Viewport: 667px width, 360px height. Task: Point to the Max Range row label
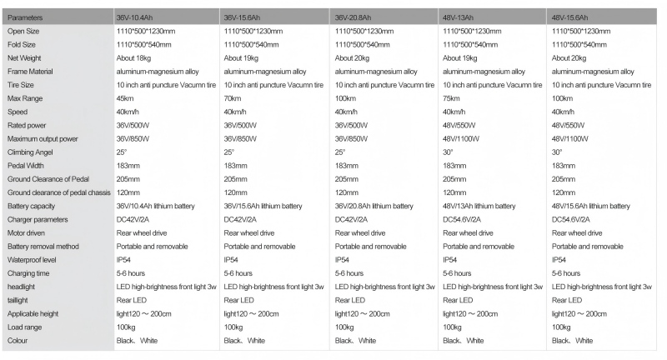point(25,98)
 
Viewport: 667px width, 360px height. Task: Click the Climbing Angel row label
point(31,152)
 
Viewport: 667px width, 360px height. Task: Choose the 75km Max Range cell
point(452,98)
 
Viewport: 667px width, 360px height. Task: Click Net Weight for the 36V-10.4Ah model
point(135,57)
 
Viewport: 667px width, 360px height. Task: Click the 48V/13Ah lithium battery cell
point(479,206)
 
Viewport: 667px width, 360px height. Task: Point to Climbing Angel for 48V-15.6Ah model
point(557,152)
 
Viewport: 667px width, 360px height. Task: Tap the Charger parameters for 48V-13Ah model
point(464,219)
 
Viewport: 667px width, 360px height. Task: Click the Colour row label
point(19,340)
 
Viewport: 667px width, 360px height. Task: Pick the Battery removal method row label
point(43,246)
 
